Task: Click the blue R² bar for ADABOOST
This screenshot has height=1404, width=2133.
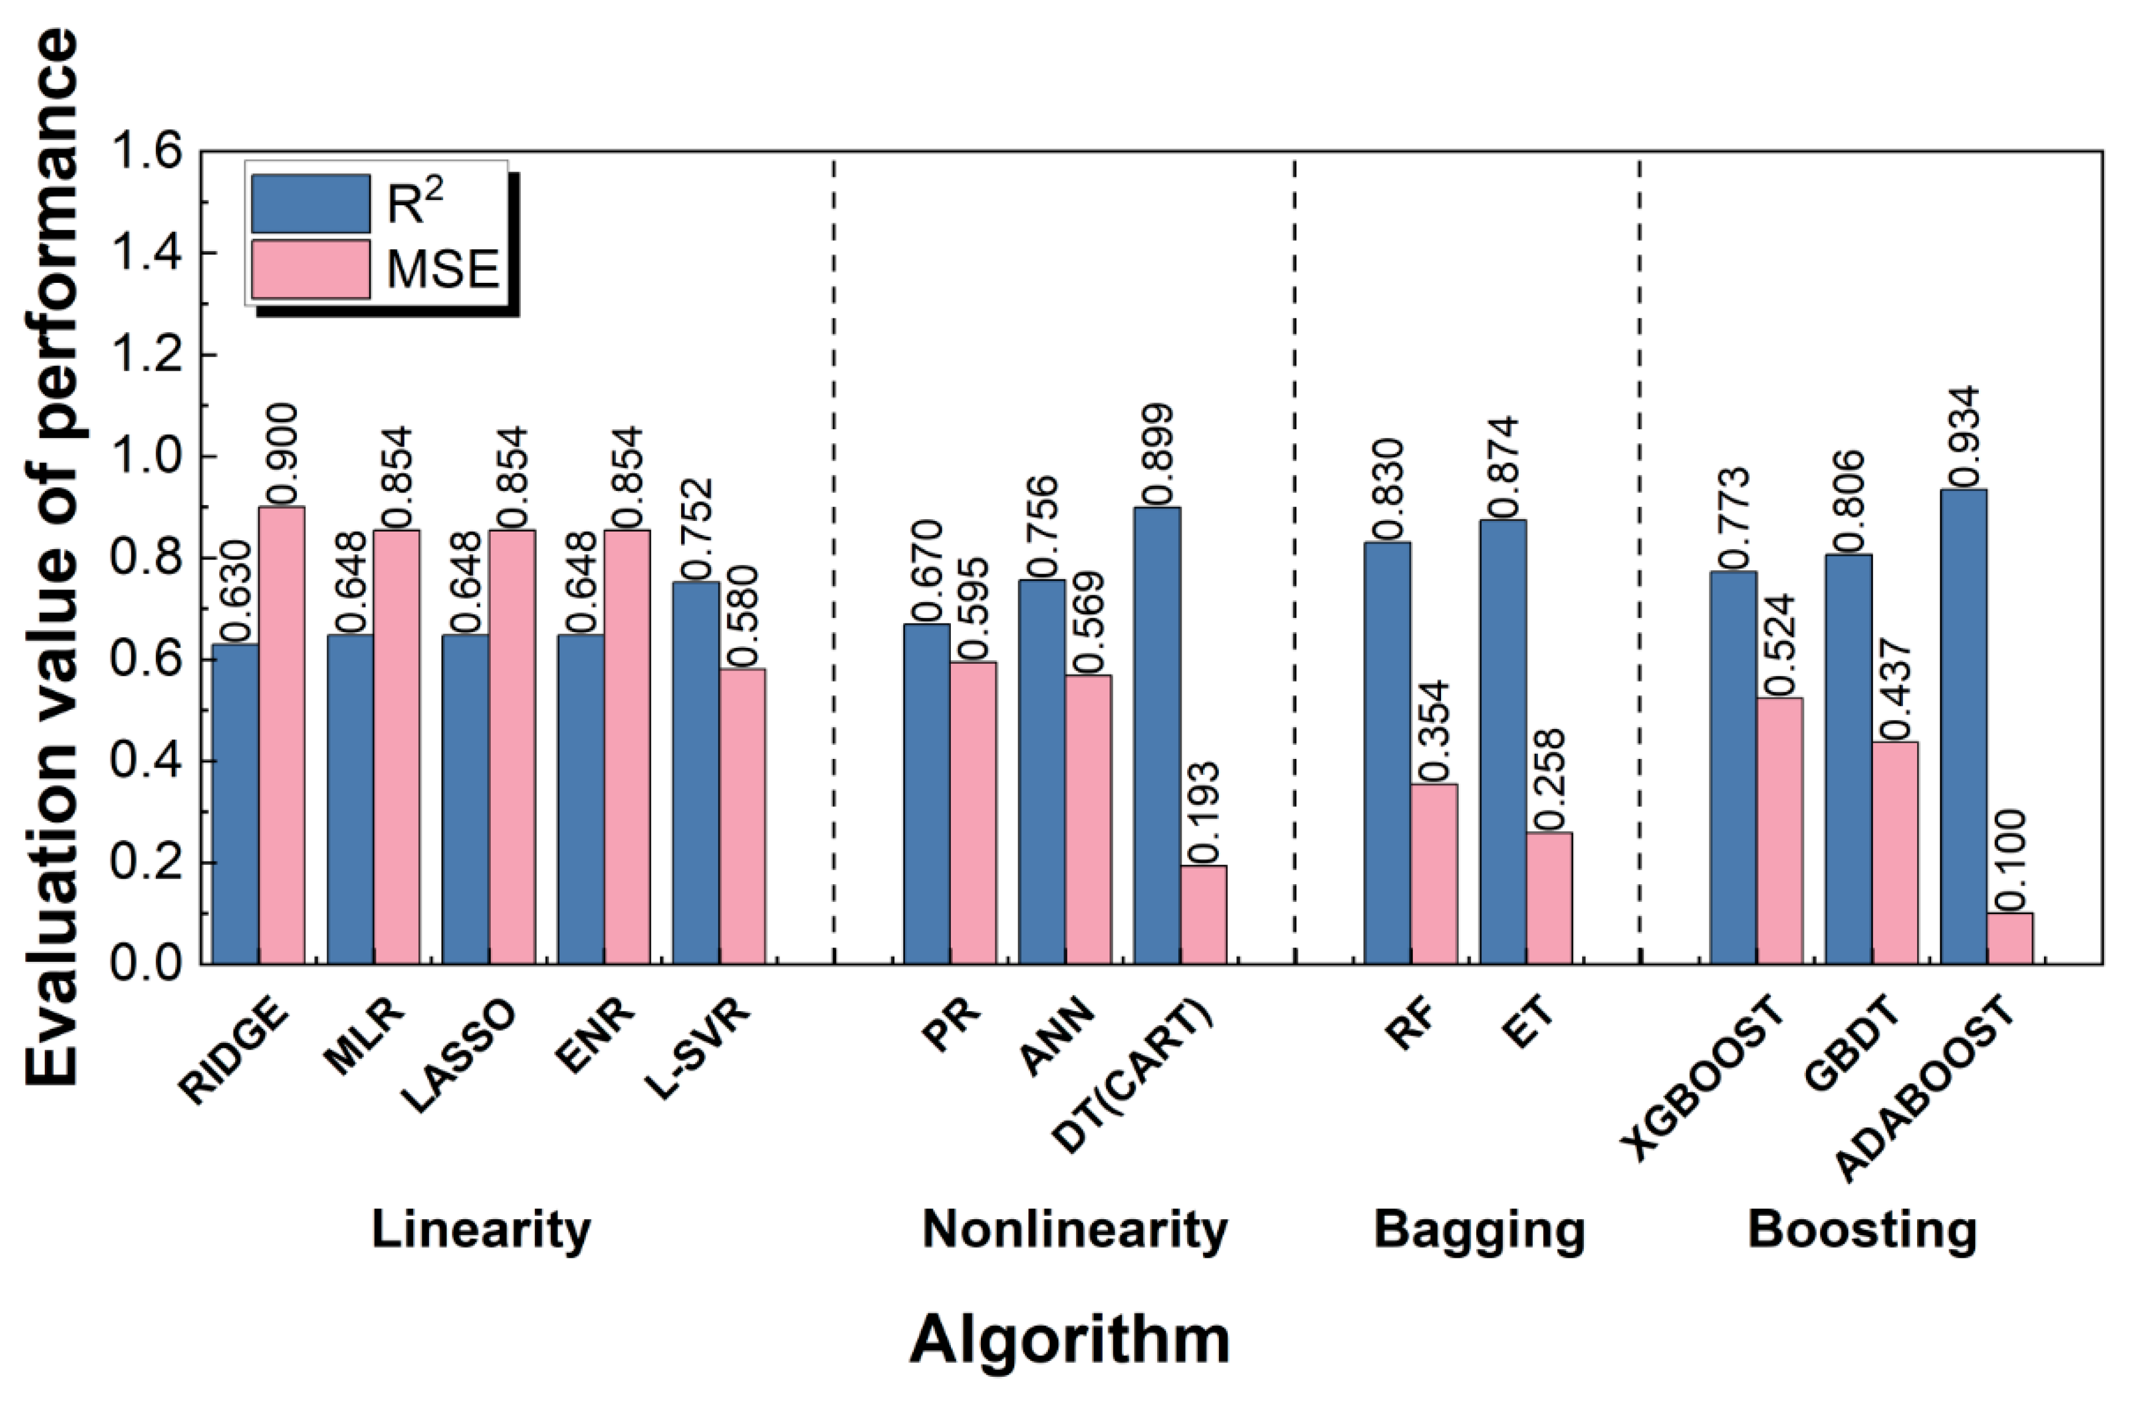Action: point(1963,726)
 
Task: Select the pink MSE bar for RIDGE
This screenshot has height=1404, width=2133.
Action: point(282,735)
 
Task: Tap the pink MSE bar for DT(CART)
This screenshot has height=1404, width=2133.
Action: point(1203,914)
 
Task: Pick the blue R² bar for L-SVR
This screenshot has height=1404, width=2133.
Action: point(695,773)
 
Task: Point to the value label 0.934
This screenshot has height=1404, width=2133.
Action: point(1964,435)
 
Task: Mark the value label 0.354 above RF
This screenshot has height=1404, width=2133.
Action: point(1434,731)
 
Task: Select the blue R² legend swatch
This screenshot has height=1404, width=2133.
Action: point(310,203)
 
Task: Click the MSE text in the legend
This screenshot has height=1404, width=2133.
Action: point(443,269)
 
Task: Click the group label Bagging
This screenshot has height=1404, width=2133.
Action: point(1478,1229)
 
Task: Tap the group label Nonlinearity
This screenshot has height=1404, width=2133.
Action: point(1074,1229)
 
